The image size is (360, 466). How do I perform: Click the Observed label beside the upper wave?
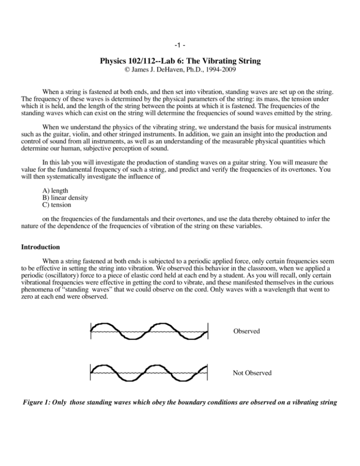pyautogui.click(x=246, y=331)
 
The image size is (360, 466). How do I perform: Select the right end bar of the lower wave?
pyautogui.click(x=207, y=373)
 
